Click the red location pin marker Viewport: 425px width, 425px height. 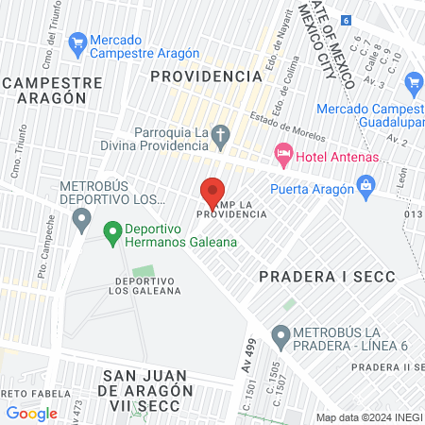(213, 193)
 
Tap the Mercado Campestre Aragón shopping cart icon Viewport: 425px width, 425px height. (78, 42)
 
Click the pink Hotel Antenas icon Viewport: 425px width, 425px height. (281, 153)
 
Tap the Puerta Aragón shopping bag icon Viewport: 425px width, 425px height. (365, 186)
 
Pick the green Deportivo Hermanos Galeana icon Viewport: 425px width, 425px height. (111, 229)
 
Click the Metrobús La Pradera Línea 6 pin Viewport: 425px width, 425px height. (280, 335)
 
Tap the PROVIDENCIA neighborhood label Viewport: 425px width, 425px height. (206, 75)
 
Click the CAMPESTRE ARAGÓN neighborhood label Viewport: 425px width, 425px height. (64, 92)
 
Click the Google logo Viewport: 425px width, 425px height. (31, 413)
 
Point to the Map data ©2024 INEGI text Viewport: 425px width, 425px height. (367, 416)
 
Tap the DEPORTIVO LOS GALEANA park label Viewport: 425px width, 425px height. (147, 286)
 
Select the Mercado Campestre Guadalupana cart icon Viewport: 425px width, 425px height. (414, 83)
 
